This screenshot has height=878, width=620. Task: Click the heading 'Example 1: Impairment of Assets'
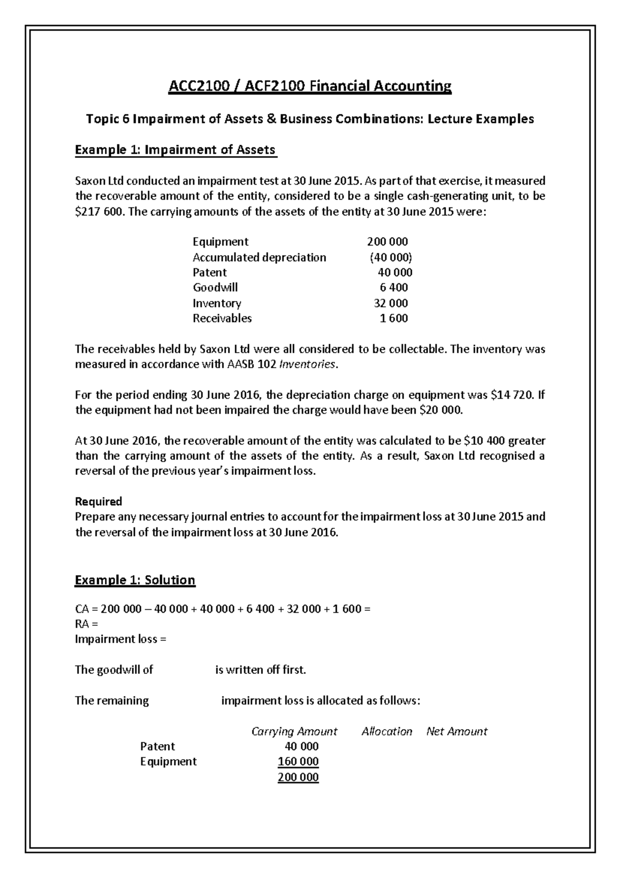pos(176,150)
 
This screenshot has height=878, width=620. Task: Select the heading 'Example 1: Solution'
pos(135,580)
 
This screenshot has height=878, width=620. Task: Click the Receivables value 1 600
pos(394,318)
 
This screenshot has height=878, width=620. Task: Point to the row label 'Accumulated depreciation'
pos(259,257)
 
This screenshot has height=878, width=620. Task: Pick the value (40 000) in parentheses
pos(391,257)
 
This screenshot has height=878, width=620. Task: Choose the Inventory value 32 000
pos(391,303)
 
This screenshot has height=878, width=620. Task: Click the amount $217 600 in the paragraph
pos(98,211)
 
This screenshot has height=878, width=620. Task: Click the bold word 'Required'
pos(98,501)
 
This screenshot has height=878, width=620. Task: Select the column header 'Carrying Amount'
pos(294,731)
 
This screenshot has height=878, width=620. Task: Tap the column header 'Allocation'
pos(386,731)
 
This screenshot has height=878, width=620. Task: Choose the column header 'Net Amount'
pos(457,731)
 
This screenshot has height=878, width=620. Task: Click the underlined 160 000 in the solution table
pos(298,761)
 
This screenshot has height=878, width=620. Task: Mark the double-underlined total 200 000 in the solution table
pos(298,777)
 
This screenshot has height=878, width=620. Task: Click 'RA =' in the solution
pos(86,624)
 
